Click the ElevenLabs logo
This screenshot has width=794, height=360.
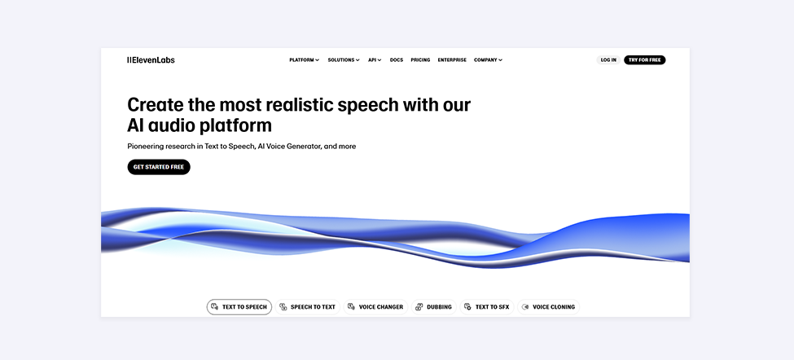151,59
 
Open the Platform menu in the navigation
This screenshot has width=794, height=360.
305,59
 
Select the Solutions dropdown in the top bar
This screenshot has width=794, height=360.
344,59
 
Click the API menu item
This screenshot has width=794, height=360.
375,59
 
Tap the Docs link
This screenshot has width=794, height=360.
397,59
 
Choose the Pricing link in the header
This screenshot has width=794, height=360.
420,59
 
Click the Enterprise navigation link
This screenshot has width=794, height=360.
452,59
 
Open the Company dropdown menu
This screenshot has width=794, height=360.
488,59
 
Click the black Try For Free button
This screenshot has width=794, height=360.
645,59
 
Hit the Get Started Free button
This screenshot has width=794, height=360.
159,167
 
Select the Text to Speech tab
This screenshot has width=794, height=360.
239,307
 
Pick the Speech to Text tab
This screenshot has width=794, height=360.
307,307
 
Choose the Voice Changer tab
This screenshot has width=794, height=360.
375,307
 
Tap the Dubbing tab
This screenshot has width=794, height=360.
434,307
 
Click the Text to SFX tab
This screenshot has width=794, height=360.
487,307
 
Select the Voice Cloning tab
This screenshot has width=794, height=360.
548,307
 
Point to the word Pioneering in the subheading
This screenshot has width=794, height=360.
145,147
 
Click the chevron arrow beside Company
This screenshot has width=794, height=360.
500,60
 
